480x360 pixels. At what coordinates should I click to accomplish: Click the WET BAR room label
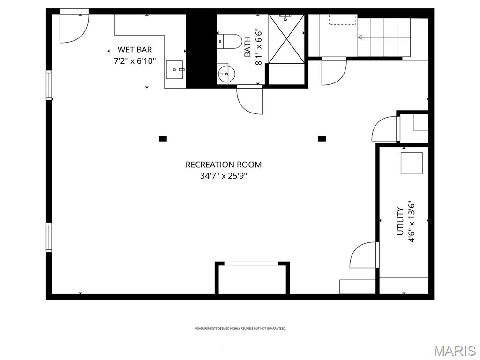point(135,50)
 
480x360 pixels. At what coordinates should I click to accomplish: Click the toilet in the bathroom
point(230,41)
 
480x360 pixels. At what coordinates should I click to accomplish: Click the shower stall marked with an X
point(286,38)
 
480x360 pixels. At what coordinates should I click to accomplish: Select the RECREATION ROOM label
point(223,165)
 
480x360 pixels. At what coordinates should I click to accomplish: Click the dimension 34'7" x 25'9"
point(223,176)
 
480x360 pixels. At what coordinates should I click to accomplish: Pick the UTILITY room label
point(400,221)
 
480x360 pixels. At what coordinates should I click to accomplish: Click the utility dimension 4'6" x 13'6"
point(412,221)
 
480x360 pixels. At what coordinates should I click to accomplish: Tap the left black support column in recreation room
point(163,138)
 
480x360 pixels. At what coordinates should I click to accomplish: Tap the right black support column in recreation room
point(322,138)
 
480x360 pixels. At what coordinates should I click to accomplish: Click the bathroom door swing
point(250,100)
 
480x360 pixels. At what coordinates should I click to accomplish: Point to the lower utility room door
point(364,255)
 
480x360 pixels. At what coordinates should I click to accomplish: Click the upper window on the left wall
point(49,85)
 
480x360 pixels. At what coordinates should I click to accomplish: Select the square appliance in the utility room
point(412,162)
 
